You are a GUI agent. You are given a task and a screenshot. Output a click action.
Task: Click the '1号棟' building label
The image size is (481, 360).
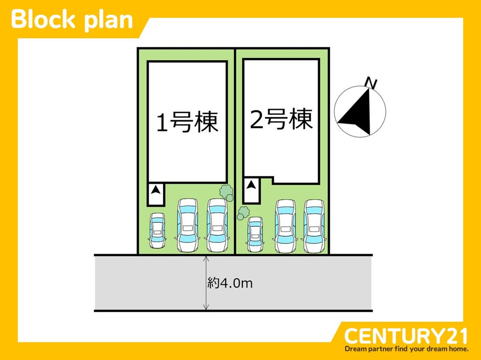click(x=187, y=122)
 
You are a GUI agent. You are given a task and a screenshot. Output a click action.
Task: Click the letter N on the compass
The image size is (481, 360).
click(x=371, y=83)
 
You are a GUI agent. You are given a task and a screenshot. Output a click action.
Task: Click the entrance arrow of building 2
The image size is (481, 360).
click(x=251, y=184)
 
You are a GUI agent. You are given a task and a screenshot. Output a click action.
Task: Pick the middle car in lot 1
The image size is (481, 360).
click(x=187, y=225)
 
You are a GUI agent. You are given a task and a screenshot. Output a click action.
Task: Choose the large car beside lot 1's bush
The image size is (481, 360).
click(x=217, y=225)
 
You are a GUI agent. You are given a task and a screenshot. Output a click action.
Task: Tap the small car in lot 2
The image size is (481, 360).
click(x=255, y=234)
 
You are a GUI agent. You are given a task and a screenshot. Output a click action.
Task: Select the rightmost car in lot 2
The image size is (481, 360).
click(x=314, y=226)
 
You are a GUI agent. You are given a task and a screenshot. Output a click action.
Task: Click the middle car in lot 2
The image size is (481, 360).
click(x=285, y=226)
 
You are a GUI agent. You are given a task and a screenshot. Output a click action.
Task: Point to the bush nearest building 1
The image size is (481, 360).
click(x=226, y=193)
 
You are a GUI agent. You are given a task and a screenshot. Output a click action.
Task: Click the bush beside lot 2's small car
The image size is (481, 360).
click(x=244, y=212)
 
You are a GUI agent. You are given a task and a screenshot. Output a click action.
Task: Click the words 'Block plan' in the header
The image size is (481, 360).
click(x=72, y=20)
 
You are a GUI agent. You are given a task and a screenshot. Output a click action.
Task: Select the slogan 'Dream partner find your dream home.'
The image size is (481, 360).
click(x=407, y=349)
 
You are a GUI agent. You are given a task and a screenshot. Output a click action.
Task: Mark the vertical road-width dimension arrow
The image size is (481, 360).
click(x=206, y=283)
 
